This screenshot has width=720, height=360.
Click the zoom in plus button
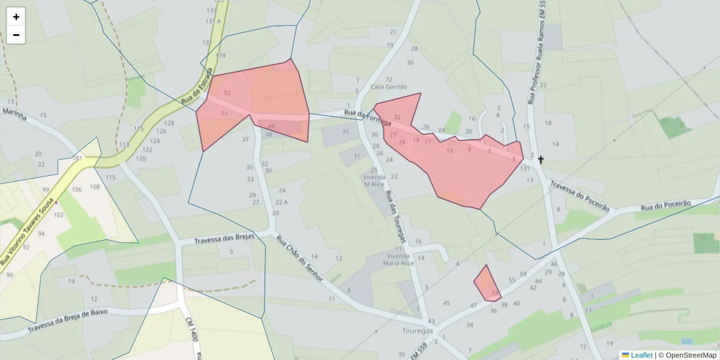[x=16, y=17]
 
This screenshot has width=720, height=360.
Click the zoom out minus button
[x=16, y=35]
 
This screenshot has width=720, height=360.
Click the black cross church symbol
[x=541, y=160]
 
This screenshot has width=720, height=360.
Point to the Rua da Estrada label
[x=197, y=85]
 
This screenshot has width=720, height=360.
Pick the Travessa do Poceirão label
[x=579, y=197]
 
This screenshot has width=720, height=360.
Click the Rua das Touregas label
[x=396, y=216]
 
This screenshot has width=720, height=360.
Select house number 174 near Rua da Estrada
[x=221, y=55]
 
